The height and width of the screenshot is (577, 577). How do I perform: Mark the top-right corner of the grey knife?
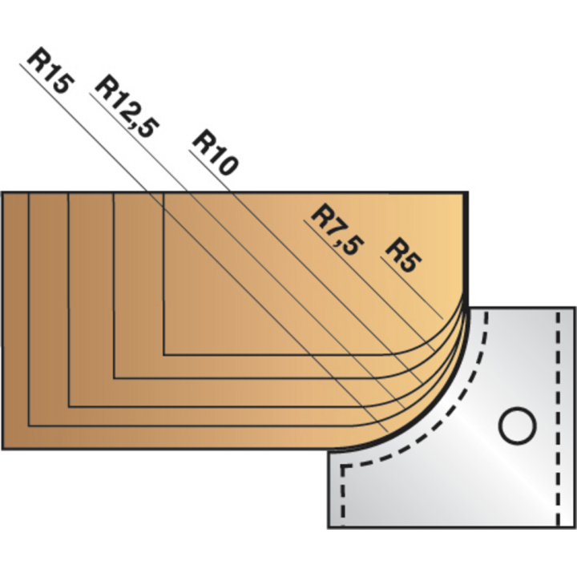(x=574, y=307)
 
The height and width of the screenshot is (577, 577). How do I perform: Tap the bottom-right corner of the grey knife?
(x=574, y=527)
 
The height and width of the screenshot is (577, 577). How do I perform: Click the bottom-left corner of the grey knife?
(x=329, y=527)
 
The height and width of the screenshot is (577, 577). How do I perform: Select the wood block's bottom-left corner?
(x=2, y=448)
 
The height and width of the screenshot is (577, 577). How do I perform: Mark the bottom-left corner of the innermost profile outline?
(x=163, y=353)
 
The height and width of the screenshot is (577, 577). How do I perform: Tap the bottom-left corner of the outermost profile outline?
(x=29, y=426)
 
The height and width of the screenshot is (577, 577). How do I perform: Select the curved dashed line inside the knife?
(x=449, y=401)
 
